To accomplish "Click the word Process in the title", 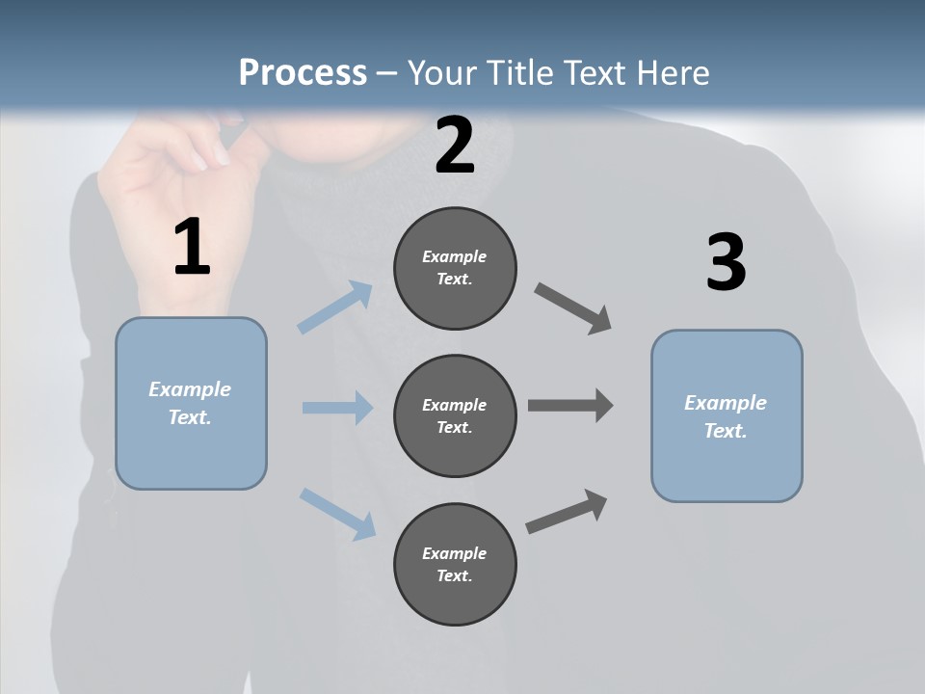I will [x=303, y=73].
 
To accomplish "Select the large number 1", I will [x=192, y=248].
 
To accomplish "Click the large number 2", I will [x=455, y=146].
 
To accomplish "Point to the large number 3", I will [x=726, y=262].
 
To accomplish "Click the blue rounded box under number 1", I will [x=191, y=403].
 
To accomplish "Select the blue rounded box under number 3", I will [x=727, y=416].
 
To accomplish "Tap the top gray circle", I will [x=455, y=268].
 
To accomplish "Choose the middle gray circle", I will [x=455, y=416].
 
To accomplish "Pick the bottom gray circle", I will [x=455, y=565].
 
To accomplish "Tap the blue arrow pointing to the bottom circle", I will [x=337, y=513].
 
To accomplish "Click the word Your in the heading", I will [x=440, y=73].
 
